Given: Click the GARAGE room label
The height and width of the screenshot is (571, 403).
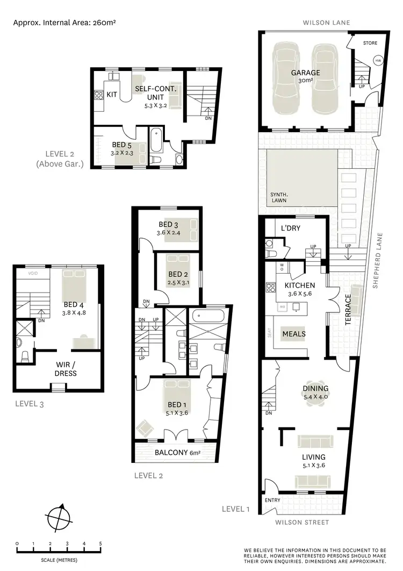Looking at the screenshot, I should [x=305, y=73].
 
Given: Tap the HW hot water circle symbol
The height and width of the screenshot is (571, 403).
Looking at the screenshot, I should [x=378, y=60].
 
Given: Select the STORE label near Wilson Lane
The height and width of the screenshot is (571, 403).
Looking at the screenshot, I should [x=370, y=43].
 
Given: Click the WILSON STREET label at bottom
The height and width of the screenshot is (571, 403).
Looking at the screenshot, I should [x=302, y=522].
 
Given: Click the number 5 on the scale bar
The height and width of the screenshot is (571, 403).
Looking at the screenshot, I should [x=100, y=544].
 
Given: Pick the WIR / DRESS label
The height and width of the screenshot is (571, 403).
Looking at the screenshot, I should [x=66, y=369].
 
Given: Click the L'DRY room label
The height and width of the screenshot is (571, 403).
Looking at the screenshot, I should [x=290, y=228].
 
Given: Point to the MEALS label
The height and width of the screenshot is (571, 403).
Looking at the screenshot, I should [x=293, y=334].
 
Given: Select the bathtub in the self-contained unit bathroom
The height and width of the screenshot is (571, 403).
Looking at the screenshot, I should [x=156, y=140].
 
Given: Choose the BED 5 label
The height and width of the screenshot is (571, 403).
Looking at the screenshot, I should [x=121, y=145].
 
